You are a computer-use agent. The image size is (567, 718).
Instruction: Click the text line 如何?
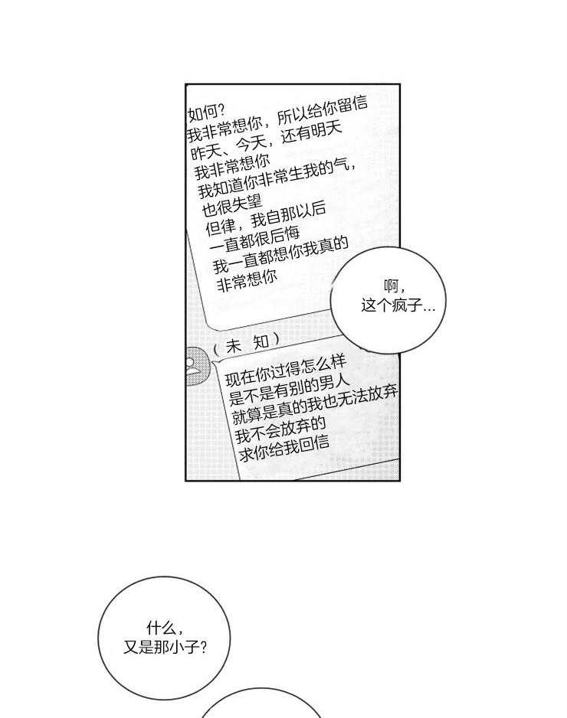coord(206,113)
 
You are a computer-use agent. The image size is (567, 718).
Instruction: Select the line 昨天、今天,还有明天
coord(267,139)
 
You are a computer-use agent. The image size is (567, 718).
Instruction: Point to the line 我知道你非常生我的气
coord(277,178)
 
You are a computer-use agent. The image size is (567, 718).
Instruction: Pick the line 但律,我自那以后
coord(266,218)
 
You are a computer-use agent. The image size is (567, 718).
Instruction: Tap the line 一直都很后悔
coord(255,239)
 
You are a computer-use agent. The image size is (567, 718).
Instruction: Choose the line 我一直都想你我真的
coord(281,255)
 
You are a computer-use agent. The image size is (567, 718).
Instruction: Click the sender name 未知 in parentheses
coord(247,344)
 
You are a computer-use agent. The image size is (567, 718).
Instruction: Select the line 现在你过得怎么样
coord(285,372)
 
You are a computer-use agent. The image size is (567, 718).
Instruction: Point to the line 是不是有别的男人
coord(290,390)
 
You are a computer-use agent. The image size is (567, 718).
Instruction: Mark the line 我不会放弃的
coord(280,430)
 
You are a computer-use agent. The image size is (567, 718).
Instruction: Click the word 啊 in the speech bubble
coord(392,286)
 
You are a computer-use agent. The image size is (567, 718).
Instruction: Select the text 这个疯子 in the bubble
coord(392,305)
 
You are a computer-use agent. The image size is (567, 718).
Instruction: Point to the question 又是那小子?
coord(166,647)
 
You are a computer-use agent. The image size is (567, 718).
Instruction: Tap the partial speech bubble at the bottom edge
coord(261,703)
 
